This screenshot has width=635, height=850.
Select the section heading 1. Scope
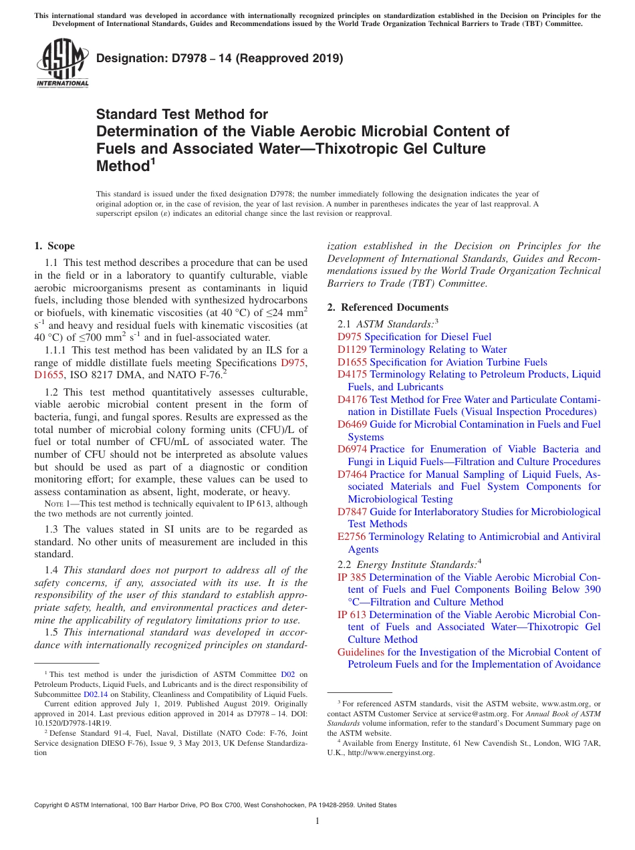coord(55,246)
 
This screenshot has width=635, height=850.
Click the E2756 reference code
coord(352,537)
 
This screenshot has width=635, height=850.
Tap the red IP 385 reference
coord(352,577)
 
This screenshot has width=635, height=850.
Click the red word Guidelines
coord(361,652)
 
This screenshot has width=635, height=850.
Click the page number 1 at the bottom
coord(317,821)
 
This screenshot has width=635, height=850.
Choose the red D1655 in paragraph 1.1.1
coord(49,375)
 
